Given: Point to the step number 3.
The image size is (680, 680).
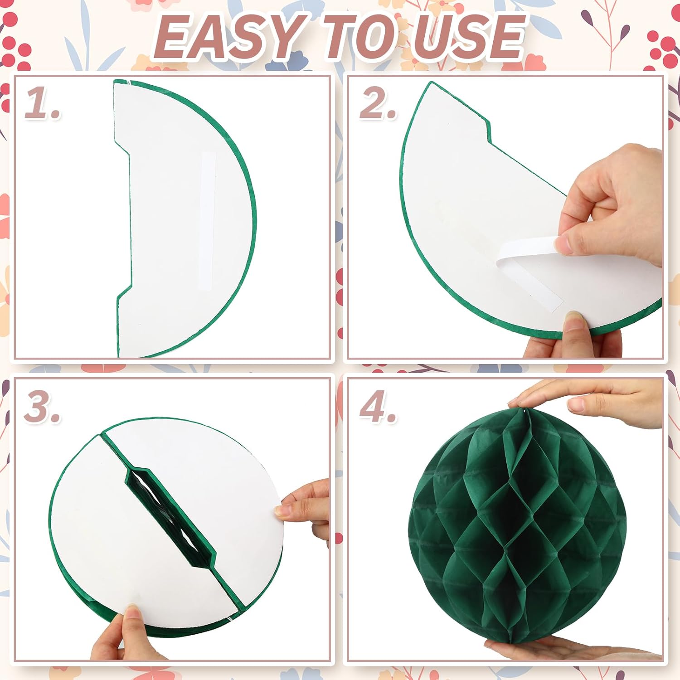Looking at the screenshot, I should click(x=42, y=407).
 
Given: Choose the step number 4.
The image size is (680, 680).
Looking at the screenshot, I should click(x=377, y=407).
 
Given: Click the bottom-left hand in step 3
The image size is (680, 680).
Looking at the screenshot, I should click(x=118, y=635).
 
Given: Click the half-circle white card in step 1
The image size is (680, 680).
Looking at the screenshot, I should click(x=181, y=218).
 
